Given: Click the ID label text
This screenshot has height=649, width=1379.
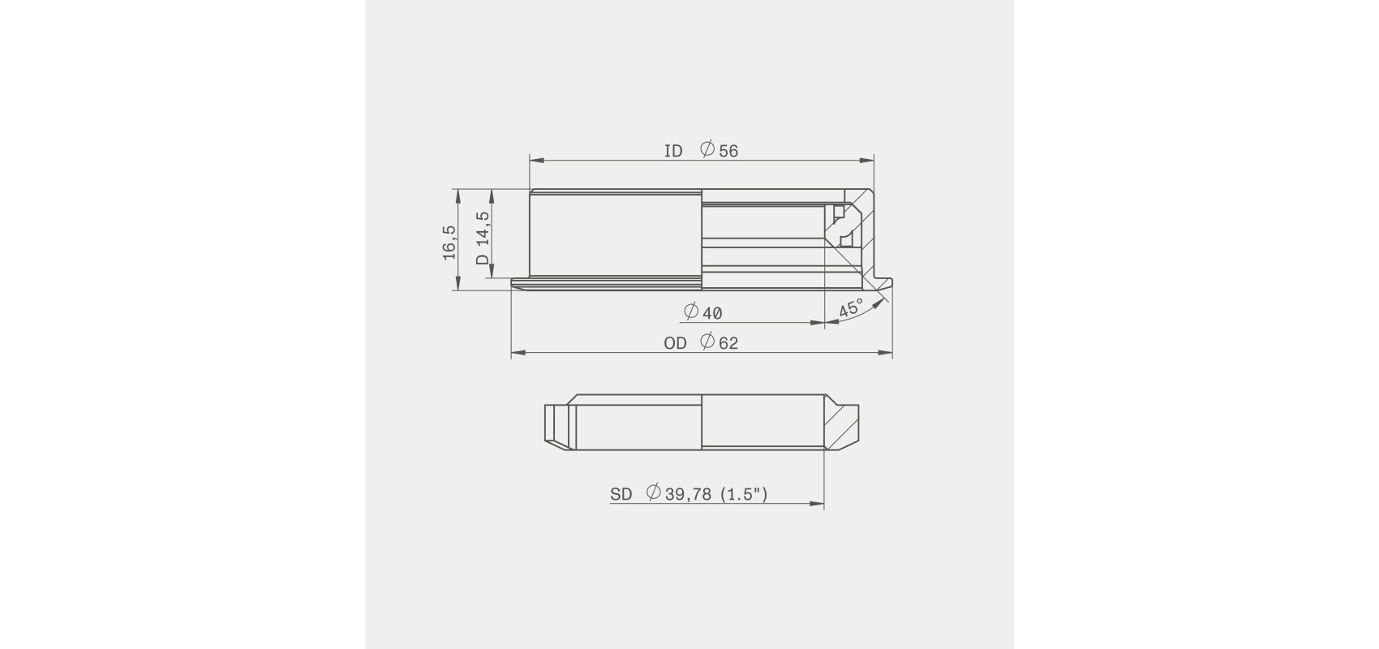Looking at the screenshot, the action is (673, 151).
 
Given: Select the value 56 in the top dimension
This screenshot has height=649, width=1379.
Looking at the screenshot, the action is (728, 151).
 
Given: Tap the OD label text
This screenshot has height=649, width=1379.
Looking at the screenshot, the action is (675, 343).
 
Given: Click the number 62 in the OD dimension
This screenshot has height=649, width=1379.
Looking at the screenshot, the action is (728, 343).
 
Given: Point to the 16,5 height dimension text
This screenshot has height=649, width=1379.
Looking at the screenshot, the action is (449, 243).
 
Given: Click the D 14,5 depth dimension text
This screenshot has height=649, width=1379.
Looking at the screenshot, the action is (483, 239).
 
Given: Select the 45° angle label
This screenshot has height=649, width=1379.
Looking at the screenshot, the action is (852, 307).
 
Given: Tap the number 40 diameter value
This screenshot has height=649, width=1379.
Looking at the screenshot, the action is (712, 313).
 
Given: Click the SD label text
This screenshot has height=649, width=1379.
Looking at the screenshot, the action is (621, 494).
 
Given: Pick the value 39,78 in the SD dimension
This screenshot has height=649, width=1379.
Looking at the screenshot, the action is (688, 494).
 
